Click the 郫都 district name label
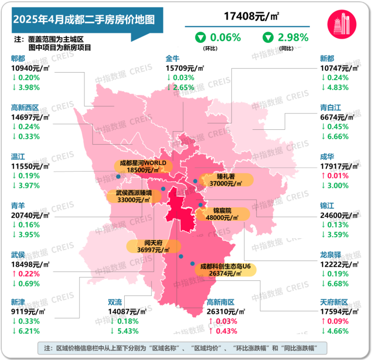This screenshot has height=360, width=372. pyautogui.click(x=18, y=58)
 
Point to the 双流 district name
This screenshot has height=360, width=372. pyautogui.click(x=115, y=302)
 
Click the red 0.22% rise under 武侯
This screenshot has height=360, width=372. pyautogui.click(x=29, y=273)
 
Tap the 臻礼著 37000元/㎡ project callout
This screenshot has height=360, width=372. pyautogui.click(x=225, y=180)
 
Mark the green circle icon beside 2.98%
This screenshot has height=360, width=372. pyautogui.click(x=268, y=37)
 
